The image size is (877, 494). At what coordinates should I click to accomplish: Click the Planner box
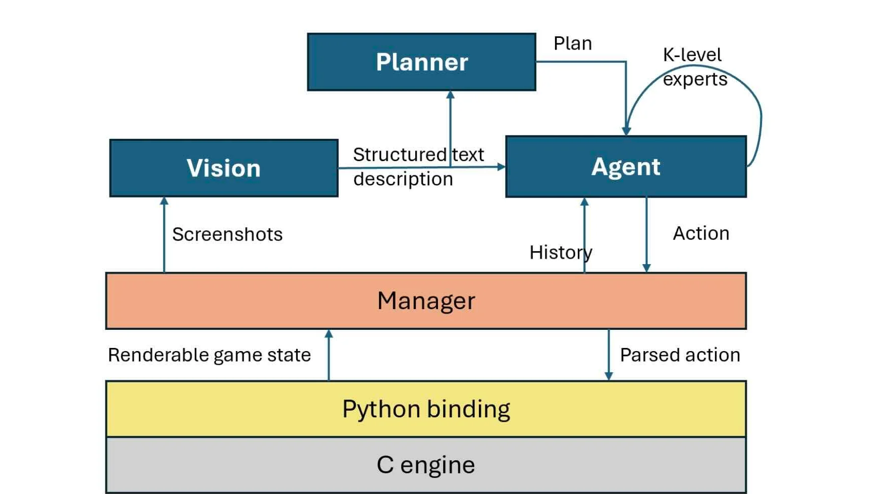(421, 62)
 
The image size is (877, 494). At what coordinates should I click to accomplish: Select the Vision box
(224, 168)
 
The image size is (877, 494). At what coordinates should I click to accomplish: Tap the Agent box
(626, 167)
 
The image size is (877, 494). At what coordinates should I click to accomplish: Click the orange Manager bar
(425, 301)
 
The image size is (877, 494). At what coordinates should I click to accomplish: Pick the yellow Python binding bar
(425, 409)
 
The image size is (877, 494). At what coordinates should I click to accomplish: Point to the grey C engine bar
(425, 465)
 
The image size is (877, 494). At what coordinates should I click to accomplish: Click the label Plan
(572, 43)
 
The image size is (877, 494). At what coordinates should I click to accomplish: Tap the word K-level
(692, 55)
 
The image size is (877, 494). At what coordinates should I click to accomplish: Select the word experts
(695, 79)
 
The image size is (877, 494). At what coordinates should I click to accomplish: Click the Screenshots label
(227, 234)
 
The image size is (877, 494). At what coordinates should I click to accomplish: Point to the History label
(560, 253)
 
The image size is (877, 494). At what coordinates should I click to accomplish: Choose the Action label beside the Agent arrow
(701, 233)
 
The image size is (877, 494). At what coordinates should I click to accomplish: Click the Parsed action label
(680, 355)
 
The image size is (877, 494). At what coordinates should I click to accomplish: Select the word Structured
(400, 155)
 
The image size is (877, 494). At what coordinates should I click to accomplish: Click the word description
(403, 179)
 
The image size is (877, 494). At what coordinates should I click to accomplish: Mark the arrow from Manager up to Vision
(164, 235)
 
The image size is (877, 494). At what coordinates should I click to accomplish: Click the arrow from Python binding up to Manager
(328, 355)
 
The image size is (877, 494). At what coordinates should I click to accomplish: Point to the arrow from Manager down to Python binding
(609, 355)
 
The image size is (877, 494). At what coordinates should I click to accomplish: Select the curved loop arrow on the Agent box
(759, 116)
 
